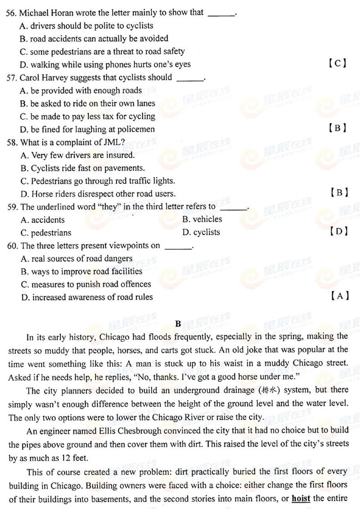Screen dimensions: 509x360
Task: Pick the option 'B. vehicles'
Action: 202,219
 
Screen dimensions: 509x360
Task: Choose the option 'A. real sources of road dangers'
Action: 76,259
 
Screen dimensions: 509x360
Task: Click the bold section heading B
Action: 178,324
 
